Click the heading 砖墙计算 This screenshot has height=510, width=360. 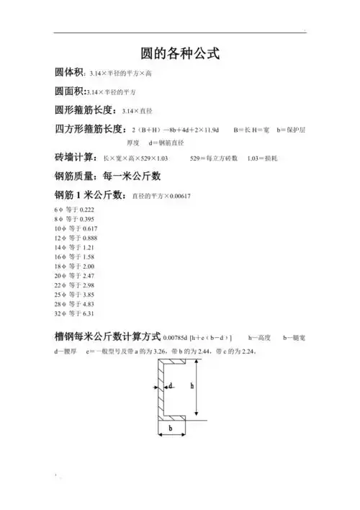click(75, 157)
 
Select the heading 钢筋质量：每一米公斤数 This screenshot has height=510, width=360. click(108, 176)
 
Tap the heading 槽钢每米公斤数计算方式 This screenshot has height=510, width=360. click(108, 336)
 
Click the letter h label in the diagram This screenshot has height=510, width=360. click(192, 385)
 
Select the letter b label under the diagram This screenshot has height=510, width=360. click(171, 428)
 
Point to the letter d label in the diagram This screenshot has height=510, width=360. click(171, 385)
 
